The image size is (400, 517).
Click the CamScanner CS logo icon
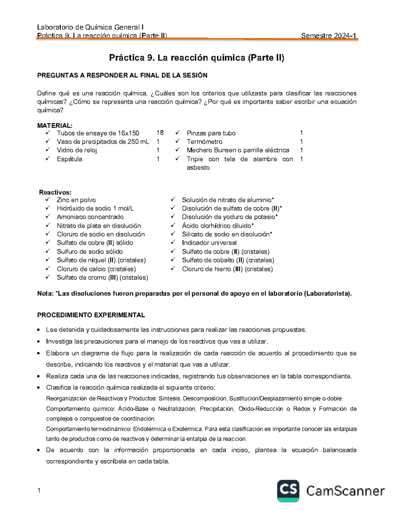click(288, 490)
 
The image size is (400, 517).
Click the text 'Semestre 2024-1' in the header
click(329, 36)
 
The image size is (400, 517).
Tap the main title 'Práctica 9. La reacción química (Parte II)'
click(197, 58)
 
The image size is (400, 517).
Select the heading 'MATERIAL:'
click(55, 126)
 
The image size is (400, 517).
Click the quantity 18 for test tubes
click(160, 133)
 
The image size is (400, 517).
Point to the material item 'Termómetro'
click(204, 141)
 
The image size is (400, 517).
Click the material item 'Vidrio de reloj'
click(77, 150)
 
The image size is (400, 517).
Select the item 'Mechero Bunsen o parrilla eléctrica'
click(238, 150)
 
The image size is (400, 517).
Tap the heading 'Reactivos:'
click(55, 192)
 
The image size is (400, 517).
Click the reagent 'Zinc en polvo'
click(76, 200)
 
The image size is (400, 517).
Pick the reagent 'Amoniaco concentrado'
click(90, 217)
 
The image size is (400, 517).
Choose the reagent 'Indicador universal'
click(209, 243)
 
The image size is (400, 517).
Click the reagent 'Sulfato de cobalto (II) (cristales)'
click(228, 260)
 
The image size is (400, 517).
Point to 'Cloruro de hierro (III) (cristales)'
click(227, 269)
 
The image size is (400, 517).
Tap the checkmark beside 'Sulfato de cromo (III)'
click(48, 277)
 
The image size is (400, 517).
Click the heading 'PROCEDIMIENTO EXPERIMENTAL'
click(91, 315)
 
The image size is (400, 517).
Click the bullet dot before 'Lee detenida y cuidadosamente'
click(39, 330)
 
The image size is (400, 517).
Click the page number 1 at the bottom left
click(39, 490)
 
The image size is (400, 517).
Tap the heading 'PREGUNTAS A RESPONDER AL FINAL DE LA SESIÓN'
click(122, 76)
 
